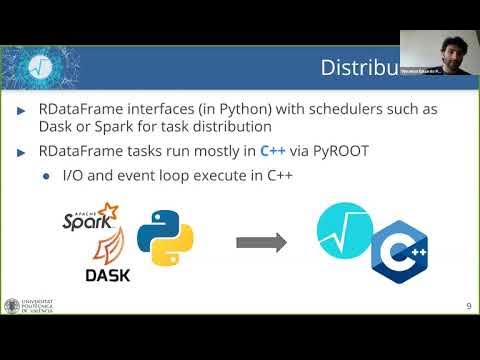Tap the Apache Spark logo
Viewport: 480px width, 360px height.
tap(90, 219)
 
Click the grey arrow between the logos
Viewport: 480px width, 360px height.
tap(260, 242)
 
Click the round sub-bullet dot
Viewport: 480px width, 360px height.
tap(46, 176)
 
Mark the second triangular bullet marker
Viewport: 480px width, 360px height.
tap(22, 153)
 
